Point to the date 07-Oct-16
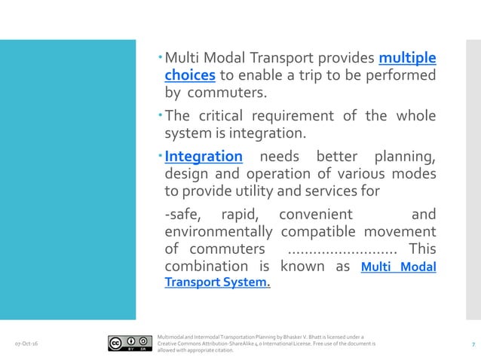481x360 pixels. [28, 344]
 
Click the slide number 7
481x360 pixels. [473, 344]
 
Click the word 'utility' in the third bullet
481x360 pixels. [261, 191]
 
